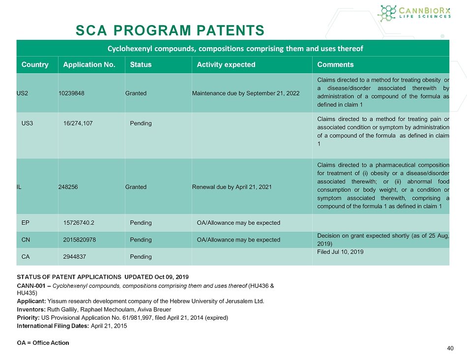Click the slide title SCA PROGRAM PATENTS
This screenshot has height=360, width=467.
pyautogui.click(x=170, y=30)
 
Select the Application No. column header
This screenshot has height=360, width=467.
pyautogui.click(x=89, y=64)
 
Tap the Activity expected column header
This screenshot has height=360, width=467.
pyautogui.click(x=226, y=64)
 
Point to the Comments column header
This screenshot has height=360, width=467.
pyautogui.click(x=335, y=64)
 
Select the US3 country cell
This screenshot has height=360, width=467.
pyautogui.click(x=28, y=123)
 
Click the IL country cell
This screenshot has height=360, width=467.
pyautogui.click(x=19, y=187)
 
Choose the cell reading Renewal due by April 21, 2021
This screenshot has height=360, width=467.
pyautogui.click(x=232, y=187)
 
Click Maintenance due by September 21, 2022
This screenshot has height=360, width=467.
pyautogui.click(x=246, y=93)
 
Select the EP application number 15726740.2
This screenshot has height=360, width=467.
pyautogui.click(x=79, y=223)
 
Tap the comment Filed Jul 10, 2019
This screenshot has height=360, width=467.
pyautogui.click(x=340, y=252)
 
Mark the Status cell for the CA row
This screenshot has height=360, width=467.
pyautogui.click(x=141, y=257)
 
